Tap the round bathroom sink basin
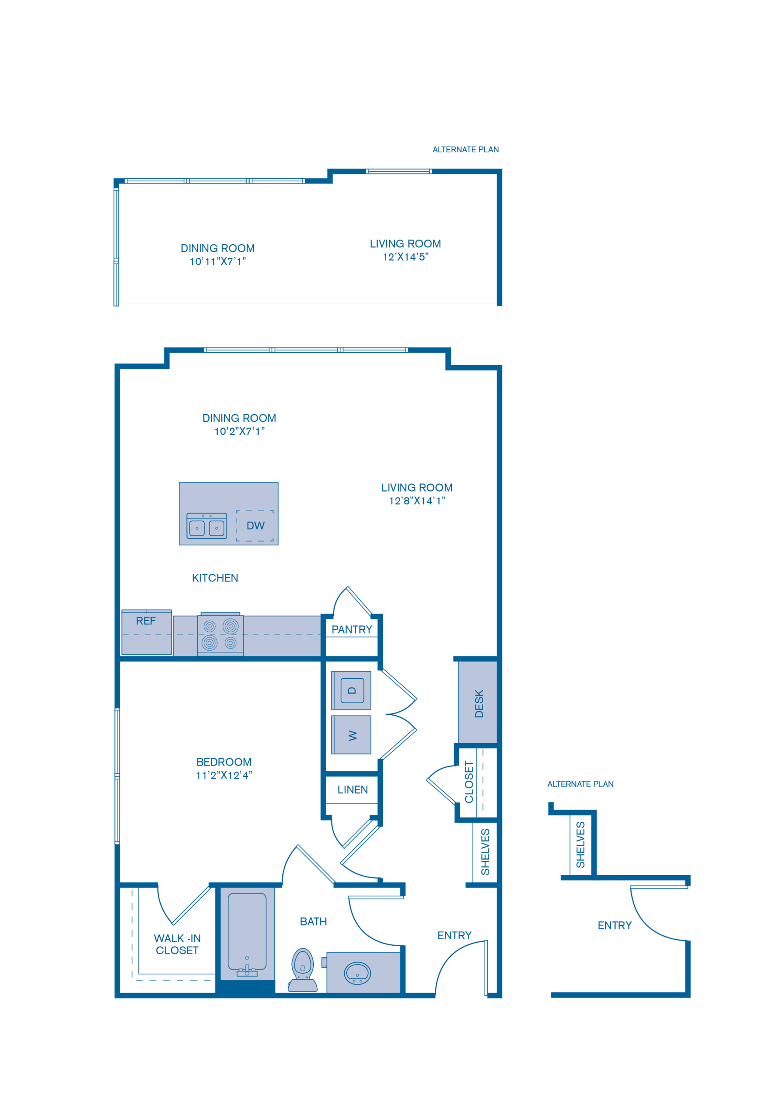(x=357, y=972)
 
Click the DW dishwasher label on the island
(x=255, y=526)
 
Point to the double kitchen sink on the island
(x=207, y=526)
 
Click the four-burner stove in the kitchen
(x=220, y=635)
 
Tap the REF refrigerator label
(x=146, y=621)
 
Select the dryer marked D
(x=352, y=690)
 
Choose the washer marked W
(x=352, y=735)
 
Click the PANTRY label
(x=352, y=630)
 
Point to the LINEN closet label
(x=352, y=790)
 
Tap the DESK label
(x=479, y=704)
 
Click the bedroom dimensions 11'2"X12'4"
(x=223, y=775)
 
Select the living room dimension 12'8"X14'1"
(x=416, y=501)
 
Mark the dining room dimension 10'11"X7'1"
(x=217, y=261)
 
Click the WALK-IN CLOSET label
(x=177, y=944)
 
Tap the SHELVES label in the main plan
(x=485, y=852)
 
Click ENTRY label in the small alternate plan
(x=614, y=925)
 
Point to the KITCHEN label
(x=215, y=578)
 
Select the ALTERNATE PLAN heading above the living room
(x=465, y=150)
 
